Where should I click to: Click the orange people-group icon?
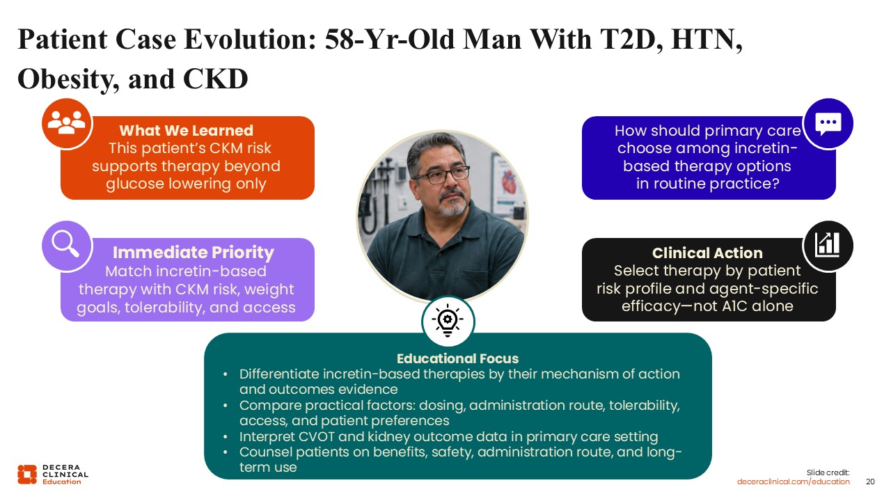(66, 123)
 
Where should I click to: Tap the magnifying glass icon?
(66, 245)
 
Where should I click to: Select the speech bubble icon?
(828, 124)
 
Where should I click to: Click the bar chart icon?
(828, 246)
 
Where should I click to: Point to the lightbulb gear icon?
(448, 321)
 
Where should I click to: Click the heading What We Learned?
(186, 130)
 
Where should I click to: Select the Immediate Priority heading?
(194, 253)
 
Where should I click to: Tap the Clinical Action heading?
(707, 253)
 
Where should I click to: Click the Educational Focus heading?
(457, 358)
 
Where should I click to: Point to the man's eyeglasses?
(442, 175)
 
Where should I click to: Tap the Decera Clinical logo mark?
(27, 475)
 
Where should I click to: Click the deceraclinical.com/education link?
(793, 482)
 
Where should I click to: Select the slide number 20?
(870, 482)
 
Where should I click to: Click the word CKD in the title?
(216, 79)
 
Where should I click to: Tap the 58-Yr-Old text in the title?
(390, 40)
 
